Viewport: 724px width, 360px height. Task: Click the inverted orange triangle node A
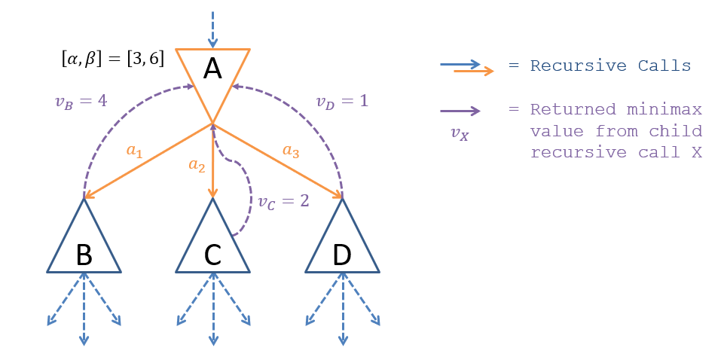(x=212, y=75)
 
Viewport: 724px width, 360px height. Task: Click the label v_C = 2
(x=283, y=202)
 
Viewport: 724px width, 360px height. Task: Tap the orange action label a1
(x=133, y=151)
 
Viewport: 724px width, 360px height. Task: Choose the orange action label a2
(x=197, y=166)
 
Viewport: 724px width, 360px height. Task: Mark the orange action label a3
(x=291, y=151)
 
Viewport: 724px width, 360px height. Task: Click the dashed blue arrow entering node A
(x=212, y=27)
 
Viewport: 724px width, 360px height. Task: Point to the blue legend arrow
(x=460, y=64)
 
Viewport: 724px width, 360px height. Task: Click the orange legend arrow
(x=474, y=71)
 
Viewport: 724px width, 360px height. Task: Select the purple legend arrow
(x=460, y=111)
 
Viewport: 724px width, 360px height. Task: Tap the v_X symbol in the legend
(x=459, y=135)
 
